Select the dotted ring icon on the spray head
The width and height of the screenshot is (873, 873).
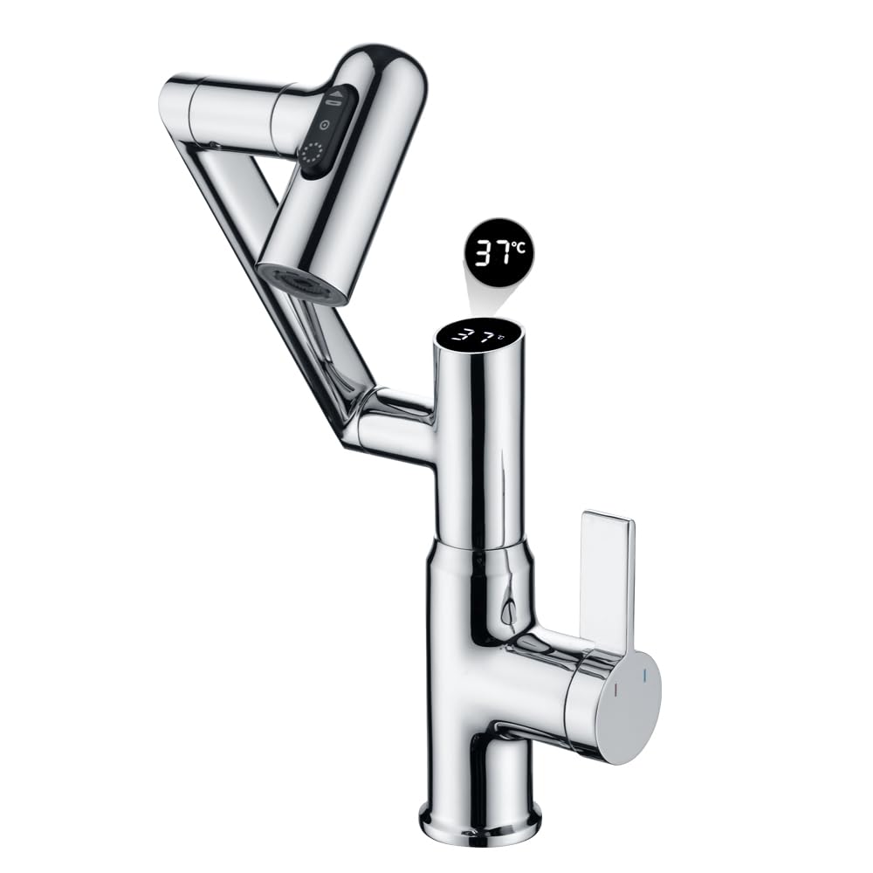312,155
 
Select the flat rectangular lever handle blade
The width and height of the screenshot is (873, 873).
607,576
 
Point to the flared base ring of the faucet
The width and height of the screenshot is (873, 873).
480,821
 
